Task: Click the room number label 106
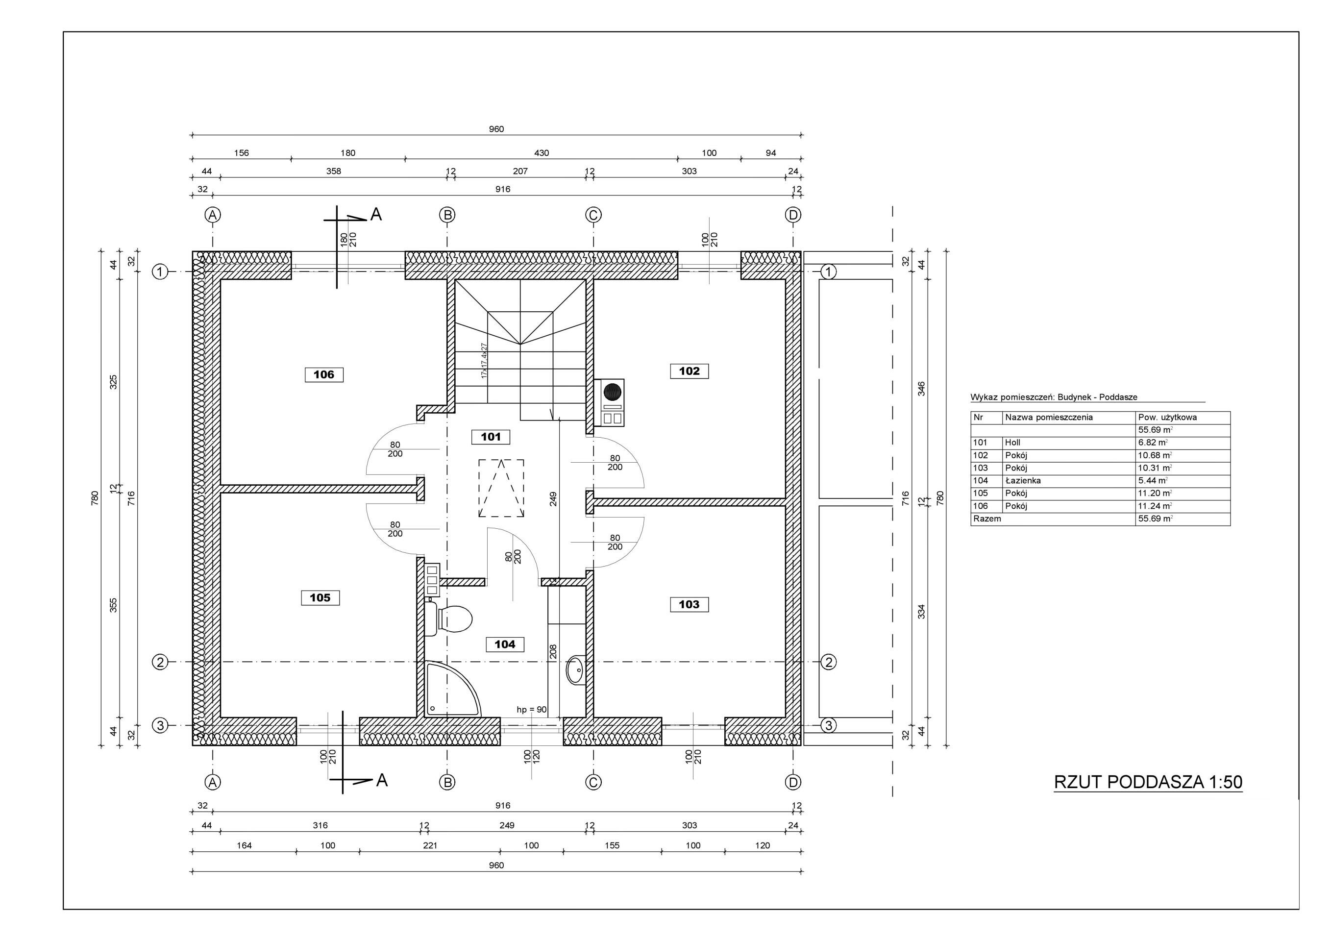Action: tap(324, 374)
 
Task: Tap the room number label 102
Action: tap(689, 371)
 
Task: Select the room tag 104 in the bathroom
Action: tap(505, 644)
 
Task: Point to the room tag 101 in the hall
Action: tap(491, 437)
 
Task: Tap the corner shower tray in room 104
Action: tap(452, 689)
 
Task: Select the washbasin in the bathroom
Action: tap(576, 670)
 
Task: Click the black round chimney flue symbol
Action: tap(612, 393)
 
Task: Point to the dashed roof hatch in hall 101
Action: tap(501, 488)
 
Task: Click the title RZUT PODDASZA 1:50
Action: tap(1148, 782)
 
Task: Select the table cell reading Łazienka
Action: tap(1023, 481)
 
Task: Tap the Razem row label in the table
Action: tap(987, 519)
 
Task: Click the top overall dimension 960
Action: tap(496, 129)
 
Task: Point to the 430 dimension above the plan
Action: tap(542, 153)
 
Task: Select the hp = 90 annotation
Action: tap(532, 710)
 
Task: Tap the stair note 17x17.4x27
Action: tap(484, 361)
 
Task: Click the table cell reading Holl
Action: tap(1013, 443)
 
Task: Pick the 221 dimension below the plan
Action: tap(430, 846)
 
